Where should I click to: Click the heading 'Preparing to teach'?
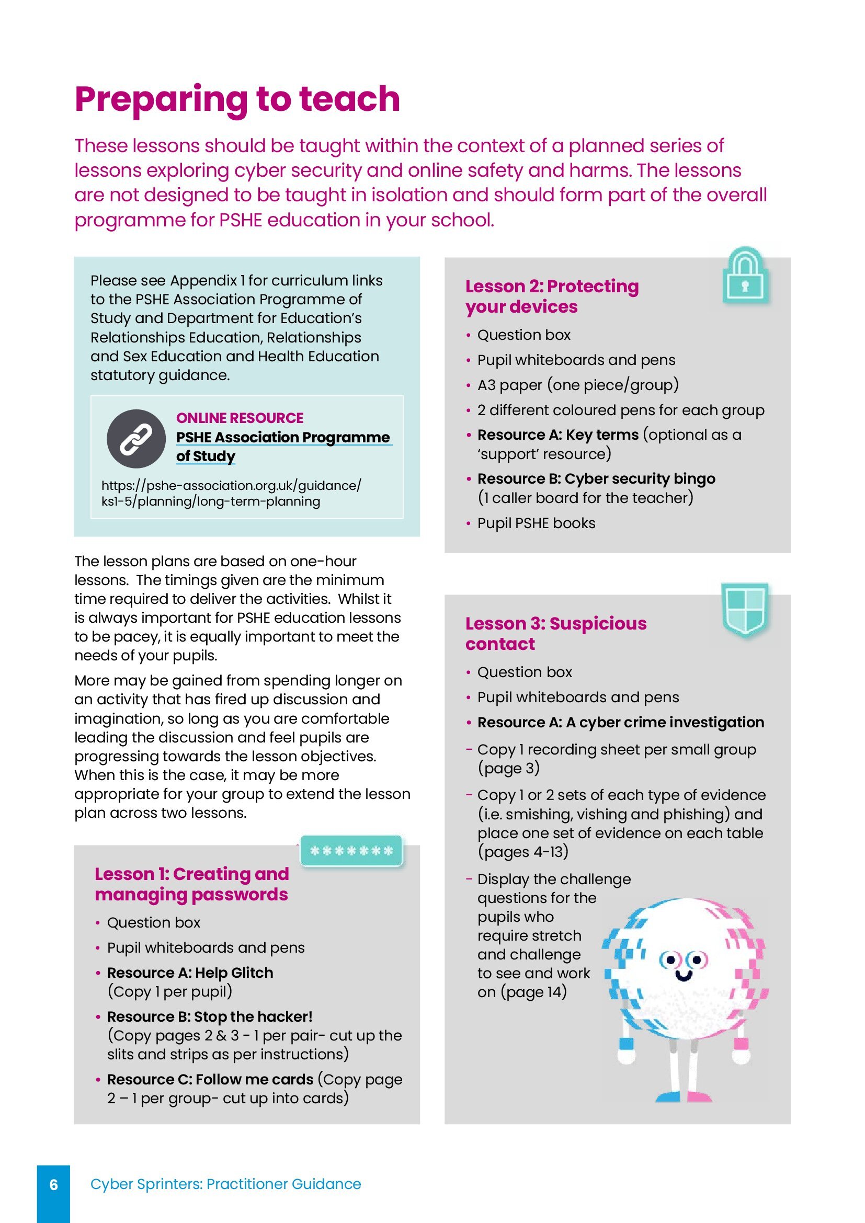237,100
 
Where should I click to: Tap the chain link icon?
136,439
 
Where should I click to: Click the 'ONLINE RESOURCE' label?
240,418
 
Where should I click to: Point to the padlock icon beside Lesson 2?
745,277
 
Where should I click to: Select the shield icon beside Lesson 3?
745,609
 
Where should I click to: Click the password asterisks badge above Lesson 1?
351,851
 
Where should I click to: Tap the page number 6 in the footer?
53,1184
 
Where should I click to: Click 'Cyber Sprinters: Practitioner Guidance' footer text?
225,1184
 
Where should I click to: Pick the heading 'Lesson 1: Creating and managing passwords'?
192,884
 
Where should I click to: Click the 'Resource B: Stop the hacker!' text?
209,1017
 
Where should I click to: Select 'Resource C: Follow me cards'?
210,1080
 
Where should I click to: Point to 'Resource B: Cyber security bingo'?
596,479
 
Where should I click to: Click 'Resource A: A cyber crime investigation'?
621,722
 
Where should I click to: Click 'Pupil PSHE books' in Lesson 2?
536,523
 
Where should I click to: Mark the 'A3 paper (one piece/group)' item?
578,385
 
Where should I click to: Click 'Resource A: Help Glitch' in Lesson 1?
190,973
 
